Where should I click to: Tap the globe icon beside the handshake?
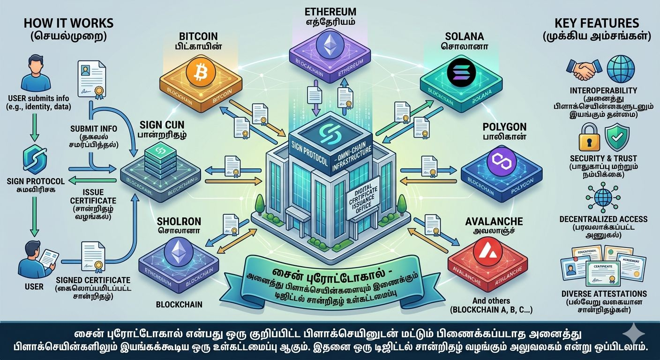pos(620,69)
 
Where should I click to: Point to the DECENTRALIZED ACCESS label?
pos(603,219)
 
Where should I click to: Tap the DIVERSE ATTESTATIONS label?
pos(604,294)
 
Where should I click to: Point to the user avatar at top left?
pos(36,73)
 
